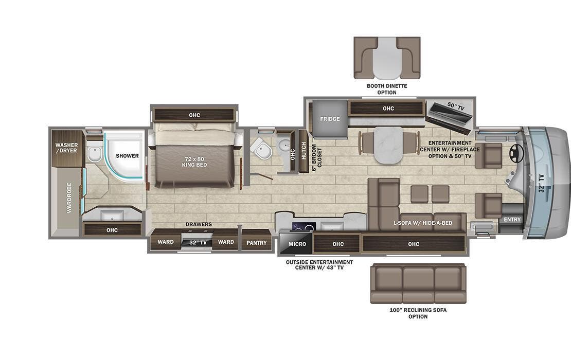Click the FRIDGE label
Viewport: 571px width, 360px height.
pos(330,119)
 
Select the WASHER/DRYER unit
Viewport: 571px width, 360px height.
pos(67,148)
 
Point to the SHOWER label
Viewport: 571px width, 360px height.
pos(127,155)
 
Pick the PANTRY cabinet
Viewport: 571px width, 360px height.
pos(256,243)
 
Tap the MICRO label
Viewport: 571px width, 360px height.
pos(297,244)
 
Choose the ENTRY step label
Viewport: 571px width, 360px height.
pos(512,220)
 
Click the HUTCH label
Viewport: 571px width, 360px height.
pos(304,150)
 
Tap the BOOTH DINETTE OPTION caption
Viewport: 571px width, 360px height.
pos(387,89)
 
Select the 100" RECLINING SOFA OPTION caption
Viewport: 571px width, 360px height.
pos(418,313)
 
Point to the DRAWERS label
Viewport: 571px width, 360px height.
pos(199,225)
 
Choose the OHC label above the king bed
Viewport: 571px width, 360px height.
pos(194,115)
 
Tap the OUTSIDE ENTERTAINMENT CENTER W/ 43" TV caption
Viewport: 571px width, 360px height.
pos(319,265)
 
